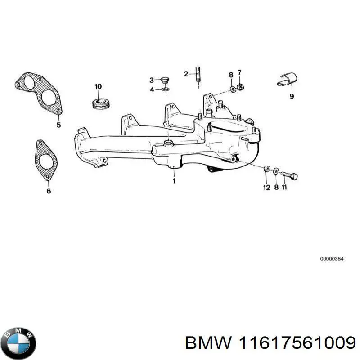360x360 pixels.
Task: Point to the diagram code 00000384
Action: click(x=332, y=259)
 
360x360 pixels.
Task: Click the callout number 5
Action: click(x=58, y=125)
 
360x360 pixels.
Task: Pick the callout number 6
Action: click(x=49, y=191)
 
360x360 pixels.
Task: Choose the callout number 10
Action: click(x=98, y=86)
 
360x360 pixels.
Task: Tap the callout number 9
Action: click(x=292, y=96)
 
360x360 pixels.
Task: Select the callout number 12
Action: click(x=266, y=187)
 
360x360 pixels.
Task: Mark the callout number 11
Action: click(x=284, y=187)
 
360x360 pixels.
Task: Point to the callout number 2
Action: click(x=185, y=74)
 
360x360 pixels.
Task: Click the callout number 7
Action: click(x=239, y=72)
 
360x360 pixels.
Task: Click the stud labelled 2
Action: click(x=197, y=74)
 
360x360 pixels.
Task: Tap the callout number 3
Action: click(x=152, y=80)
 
